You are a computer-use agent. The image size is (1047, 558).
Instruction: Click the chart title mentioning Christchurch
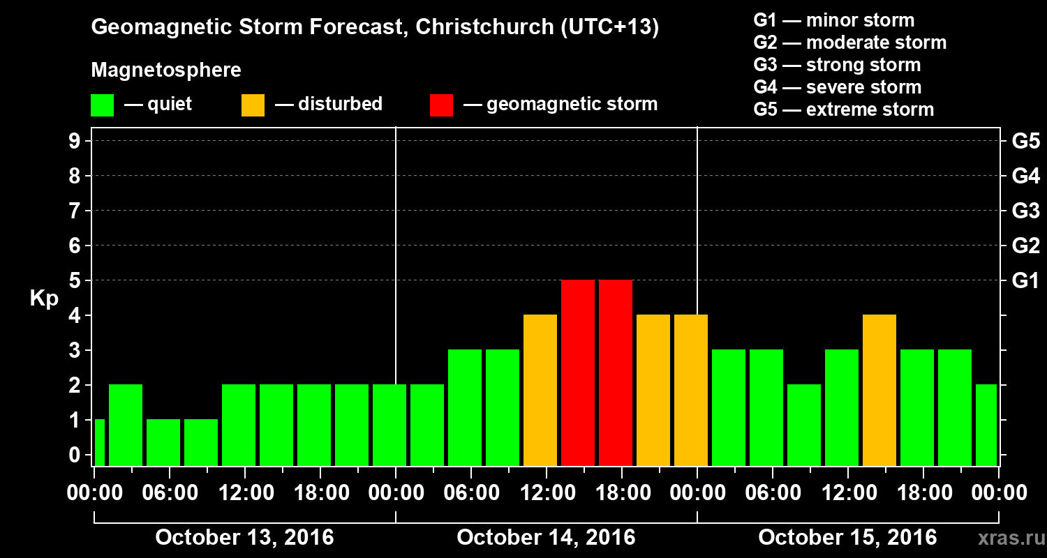375,28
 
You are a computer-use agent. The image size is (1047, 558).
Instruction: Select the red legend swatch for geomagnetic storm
441,105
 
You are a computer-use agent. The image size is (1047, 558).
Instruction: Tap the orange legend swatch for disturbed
253,105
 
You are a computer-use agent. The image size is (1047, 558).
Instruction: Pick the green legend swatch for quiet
102,105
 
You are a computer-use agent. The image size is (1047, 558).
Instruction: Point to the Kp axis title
44,299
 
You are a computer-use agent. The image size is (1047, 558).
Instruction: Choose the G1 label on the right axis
1025,281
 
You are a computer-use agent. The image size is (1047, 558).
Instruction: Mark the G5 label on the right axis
1025,142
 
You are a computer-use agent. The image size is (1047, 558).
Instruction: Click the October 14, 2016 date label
546,538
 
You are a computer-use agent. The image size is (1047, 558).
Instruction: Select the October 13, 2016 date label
244,538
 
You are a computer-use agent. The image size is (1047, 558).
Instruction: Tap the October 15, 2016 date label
847,538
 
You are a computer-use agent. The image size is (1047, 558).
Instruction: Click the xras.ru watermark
1010,538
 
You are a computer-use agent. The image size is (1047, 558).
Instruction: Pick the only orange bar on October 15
879,391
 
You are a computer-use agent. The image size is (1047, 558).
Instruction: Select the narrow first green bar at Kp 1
99,442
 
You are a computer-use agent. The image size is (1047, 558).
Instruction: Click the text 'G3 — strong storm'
837,65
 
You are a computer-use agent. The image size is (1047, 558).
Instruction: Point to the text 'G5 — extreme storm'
843,110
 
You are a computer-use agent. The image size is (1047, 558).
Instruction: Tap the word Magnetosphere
166,70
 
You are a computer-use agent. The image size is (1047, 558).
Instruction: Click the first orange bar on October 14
540,391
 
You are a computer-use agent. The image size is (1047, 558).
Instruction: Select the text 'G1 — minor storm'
833,20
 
